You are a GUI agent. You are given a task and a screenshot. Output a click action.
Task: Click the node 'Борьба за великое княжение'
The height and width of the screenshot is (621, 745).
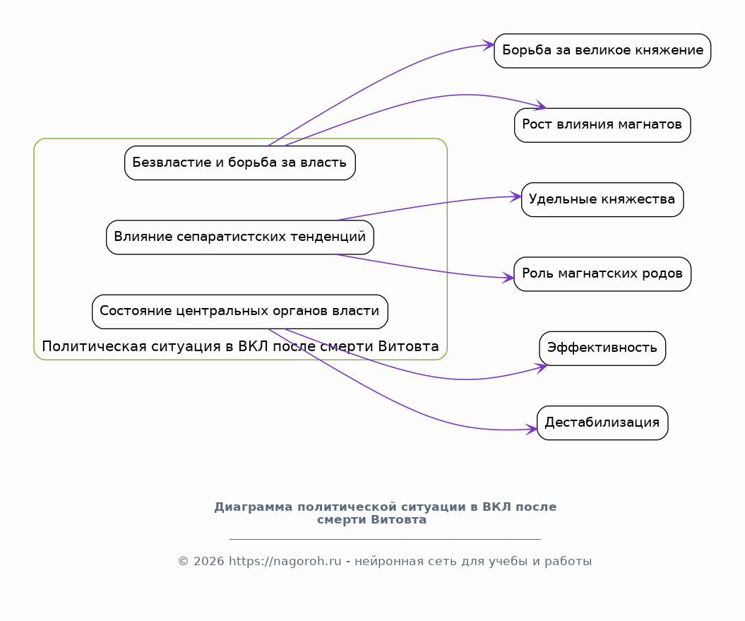click(x=602, y=51)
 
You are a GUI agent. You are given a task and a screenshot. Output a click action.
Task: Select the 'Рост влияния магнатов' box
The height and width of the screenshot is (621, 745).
click(x=602, y=125)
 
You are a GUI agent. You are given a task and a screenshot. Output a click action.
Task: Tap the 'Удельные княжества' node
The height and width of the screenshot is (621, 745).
click(x=602, y=200)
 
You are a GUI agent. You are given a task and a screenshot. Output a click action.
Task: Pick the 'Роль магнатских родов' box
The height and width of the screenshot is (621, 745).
click(x=602, y=274)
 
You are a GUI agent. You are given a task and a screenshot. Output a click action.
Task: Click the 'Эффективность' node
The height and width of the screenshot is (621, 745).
click(x=602, y=348)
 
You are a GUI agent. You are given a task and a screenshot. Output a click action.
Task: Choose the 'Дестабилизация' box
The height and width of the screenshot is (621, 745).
click(x=602, y=422)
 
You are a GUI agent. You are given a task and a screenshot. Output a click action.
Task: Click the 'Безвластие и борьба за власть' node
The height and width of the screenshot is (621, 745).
click(x=240, y=163)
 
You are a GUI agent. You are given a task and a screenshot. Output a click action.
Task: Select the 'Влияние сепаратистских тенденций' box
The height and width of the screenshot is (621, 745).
click(x=240, y=237)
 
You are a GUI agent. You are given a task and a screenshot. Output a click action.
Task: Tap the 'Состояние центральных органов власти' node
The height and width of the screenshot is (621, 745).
click(x=240, y=312)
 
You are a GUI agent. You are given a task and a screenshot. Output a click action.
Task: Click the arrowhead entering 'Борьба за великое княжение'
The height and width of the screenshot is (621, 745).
click(x=489, y=45)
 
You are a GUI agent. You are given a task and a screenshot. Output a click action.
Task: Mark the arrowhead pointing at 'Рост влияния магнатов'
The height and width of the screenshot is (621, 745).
click(x=541, y=105)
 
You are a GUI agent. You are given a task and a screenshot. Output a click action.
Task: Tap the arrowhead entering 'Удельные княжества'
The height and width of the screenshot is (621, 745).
click(x=516, y=196)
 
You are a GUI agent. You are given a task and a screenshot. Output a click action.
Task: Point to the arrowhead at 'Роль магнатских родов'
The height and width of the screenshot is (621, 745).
click(x=508, y=278)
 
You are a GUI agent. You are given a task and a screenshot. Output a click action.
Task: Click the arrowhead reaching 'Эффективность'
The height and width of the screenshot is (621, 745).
click(x=542, y=367)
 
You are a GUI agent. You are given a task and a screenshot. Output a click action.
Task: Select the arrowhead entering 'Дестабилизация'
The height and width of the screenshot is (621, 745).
click(x=531, y=430)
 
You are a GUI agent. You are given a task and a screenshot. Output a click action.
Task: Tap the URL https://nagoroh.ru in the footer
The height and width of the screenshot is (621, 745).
click(x=285, y=562)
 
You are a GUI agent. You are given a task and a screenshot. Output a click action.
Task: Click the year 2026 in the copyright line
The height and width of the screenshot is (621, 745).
click(x=208, y=562)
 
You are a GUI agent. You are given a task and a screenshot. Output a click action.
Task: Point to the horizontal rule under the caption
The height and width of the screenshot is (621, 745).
click(x=385, y=539)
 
